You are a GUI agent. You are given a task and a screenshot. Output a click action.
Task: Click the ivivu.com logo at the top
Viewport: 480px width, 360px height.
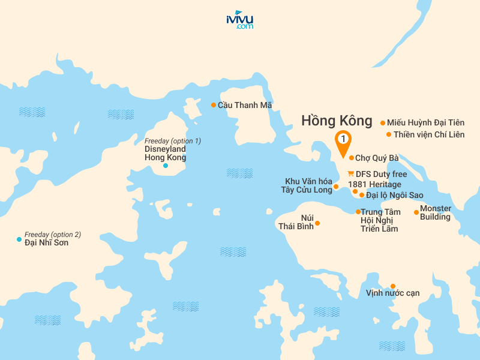tap(239, 20)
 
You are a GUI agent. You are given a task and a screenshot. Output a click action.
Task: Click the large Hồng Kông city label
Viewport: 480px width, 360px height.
tap(337, 121)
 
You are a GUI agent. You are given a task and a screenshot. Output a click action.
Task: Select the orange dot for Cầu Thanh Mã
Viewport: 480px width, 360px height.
tap(213, 105)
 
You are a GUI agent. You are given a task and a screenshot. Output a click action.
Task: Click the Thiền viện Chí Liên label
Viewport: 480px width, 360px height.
tap(429, 134)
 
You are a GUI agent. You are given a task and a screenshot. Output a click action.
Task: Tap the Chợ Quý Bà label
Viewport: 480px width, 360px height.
tap(377, 158)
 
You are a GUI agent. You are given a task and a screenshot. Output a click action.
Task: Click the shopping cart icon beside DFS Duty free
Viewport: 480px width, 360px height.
tap(350, 174)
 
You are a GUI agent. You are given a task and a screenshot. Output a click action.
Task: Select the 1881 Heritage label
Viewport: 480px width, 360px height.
tap(374, 184)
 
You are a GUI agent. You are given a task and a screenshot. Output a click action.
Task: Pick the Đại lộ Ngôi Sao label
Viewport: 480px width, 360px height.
tap(394, 195)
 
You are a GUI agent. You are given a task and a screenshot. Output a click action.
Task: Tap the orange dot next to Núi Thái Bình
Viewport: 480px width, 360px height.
tap(317, 223)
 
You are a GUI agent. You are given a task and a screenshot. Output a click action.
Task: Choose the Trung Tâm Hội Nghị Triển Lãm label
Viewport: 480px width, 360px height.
tap(380, 220)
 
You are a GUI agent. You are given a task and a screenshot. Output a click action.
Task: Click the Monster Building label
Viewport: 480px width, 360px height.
tap(436, 212)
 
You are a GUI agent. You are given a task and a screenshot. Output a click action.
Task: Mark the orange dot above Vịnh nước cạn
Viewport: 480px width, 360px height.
tap(393, 286)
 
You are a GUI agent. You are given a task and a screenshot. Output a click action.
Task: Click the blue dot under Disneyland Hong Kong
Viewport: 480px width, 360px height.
tap(166, 166)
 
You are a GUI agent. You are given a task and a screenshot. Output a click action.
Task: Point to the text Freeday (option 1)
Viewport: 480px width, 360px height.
tap(173, 141)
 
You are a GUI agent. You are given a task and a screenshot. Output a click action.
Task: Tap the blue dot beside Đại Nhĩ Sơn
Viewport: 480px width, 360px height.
tap(19, 239)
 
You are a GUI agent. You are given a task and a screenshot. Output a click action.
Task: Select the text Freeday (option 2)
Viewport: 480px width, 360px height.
tap(53, 235)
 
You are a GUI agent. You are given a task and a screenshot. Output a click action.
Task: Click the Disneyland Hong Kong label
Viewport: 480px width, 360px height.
tap(166, 153)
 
